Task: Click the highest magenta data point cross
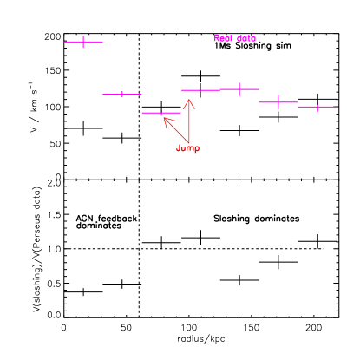[83, 41]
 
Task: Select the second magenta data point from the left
[122, 94]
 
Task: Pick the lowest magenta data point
[161, 113]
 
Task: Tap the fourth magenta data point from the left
[200, 89]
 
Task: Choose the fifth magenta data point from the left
[239, 88]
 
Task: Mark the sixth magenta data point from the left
[278, 101]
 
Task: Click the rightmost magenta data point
[317, 107]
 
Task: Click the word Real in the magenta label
[223, 38]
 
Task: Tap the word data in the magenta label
[246, 38]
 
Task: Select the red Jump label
[187, 148]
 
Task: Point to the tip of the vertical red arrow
[189, 99]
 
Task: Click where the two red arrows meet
[188, 142]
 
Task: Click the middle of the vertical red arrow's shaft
[189, 121]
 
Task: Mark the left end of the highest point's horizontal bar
[65, 41]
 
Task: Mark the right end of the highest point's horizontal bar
[103, 41]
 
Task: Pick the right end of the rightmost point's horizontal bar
[337, 107]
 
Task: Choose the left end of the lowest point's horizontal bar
[142, 113]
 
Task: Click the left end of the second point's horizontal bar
[103, 94]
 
